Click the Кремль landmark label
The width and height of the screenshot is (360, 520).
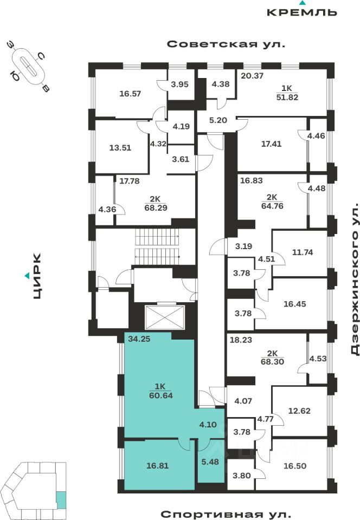tap(302, 12)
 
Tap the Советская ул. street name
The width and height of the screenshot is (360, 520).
tap(226, 44)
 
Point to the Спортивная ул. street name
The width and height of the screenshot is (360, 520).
tap(226, 513)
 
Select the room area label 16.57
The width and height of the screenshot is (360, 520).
tap(130, 93)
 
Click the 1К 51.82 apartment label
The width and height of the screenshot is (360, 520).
tap(287, 94)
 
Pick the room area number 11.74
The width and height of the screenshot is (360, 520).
tap(299, 252)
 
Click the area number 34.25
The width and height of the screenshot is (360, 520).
tap(139, 340)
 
